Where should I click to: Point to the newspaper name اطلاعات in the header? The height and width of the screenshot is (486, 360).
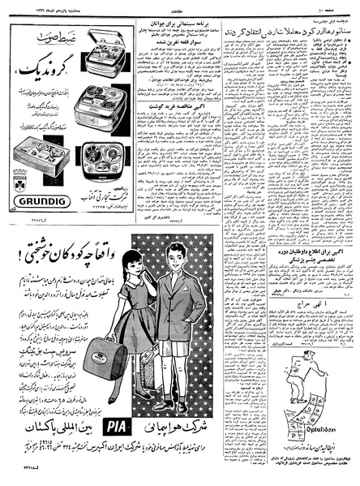pos(180,6)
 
